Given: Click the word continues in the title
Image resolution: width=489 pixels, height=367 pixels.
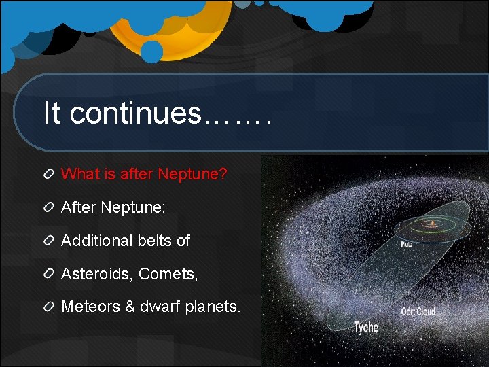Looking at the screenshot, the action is coord(136,113).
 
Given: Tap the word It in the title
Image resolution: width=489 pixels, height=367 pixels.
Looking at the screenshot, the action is coord(52,112).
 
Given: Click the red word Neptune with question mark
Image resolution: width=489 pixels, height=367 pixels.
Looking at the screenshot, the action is coord(192,175).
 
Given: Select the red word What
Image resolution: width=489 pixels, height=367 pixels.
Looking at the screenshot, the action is coord(80,173).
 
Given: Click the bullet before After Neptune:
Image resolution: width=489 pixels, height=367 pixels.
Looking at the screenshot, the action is coord(49,207).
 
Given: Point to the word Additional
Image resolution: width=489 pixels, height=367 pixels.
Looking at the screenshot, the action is coord(97,241).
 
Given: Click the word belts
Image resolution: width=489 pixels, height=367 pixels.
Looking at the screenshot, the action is coord(155,241).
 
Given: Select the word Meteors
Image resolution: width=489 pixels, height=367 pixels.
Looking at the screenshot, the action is coord(90,307).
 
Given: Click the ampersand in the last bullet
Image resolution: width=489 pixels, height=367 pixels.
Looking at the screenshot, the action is coord(130,307).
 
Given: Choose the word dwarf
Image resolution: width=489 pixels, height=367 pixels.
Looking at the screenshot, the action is coord(160,307).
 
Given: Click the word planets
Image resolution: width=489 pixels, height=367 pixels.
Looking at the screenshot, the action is coord(213,307).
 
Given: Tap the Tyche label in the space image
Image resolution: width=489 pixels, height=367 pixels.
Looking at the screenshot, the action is coord(367,328).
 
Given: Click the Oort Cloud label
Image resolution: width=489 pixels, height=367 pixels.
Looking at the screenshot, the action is coord(418,311).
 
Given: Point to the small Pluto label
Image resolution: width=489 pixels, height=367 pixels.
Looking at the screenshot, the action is coord(407,245).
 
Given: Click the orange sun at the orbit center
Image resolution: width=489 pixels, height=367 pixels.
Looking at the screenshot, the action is coord(433,222).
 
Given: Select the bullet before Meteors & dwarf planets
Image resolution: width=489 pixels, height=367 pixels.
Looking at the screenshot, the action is coord(49,307).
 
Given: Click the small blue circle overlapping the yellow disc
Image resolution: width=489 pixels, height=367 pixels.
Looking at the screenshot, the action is coord(152,52).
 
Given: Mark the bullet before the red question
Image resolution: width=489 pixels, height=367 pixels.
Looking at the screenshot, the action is coord(49,174).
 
